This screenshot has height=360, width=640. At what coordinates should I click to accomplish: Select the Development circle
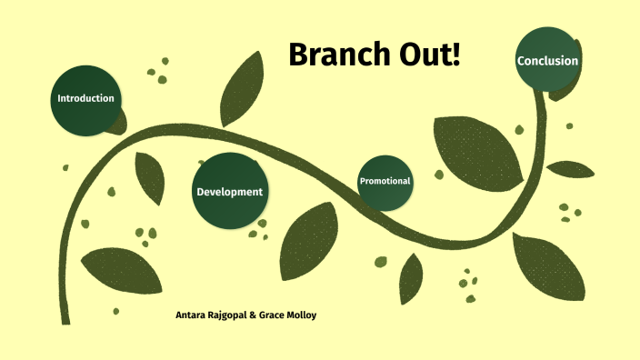230,191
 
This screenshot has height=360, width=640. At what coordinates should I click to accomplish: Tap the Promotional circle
385,182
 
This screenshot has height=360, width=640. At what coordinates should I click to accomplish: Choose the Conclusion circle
547,61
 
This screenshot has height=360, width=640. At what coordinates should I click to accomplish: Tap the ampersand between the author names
253,315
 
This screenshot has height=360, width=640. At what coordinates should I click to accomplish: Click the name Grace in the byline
273,315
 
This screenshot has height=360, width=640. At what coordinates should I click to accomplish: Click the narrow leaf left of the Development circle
149,176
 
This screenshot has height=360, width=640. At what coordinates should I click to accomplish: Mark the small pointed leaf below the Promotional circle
411,278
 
